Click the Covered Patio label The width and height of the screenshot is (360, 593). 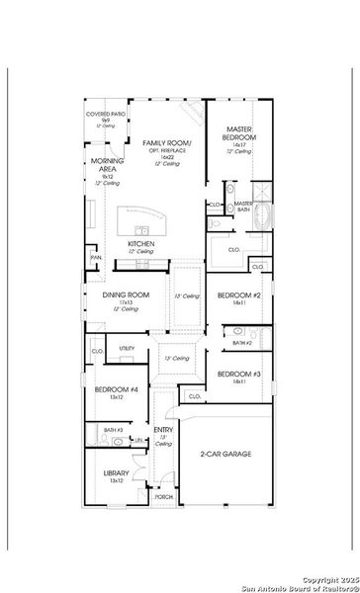(x=103, y=118)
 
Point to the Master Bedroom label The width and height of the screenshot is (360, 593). (x=238, y=133)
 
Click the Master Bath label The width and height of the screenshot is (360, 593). (x=243, y=206)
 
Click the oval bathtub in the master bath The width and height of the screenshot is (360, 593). (x=263, y=216)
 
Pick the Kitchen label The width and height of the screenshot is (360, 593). (x=140, y=243)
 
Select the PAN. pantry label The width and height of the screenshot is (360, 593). (x=96, y=258)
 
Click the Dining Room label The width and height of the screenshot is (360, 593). (x=126, y=295)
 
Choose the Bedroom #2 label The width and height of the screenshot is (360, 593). (x=238, y=296)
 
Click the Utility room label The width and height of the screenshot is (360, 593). (x=127, y=348)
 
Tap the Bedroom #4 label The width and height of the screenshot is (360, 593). (x=110, y=389)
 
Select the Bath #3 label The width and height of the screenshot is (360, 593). (x=113, y=430)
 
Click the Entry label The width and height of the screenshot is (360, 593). (x=163, y=430)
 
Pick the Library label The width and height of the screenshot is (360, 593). (x=116, y=473)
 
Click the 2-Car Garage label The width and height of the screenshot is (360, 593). (x=224, y=454)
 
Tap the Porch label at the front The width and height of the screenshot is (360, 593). (x=163, y=497)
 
